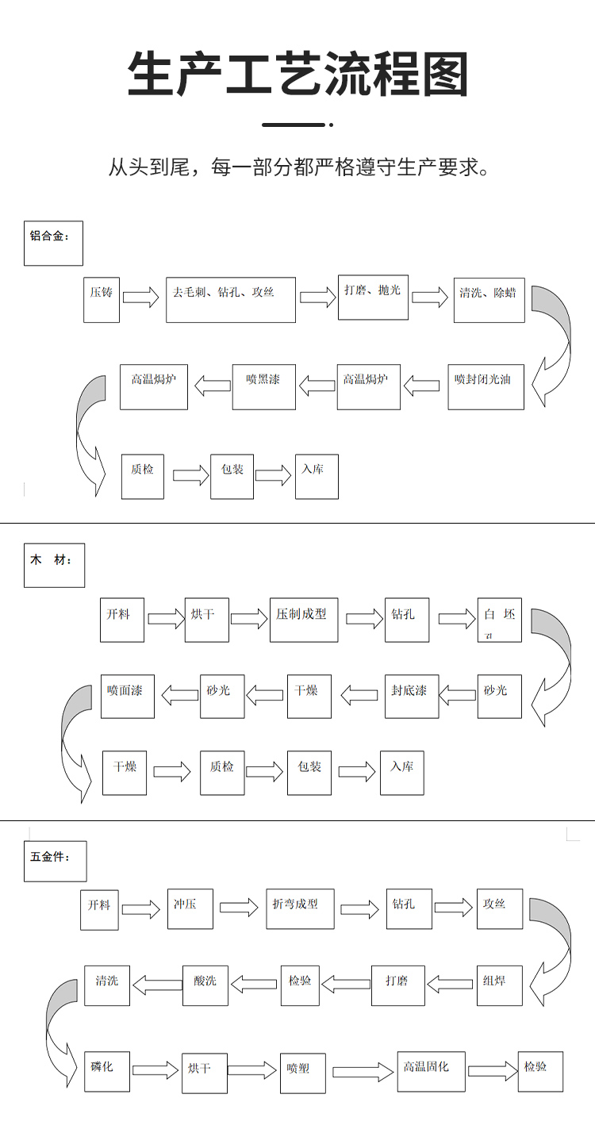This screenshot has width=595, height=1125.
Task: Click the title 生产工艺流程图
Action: click(297, 76)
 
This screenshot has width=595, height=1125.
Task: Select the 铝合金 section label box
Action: click(53, 243)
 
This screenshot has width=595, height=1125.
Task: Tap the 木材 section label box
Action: click(54, 565)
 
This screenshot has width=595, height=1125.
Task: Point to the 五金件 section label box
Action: click(55, 861)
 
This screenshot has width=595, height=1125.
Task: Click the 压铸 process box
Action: click(102, 299)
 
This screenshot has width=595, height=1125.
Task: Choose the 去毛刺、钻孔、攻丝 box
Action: click(230, 299)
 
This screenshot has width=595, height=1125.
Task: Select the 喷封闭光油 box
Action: click(486, 386)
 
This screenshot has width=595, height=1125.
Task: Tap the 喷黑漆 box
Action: click(263, 386)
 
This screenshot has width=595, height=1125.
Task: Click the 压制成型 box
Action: click(303, 620)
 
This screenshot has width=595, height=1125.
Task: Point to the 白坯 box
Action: click(499, 620)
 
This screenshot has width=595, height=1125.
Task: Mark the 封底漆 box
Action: click(411, 696)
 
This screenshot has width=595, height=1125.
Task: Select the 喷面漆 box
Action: click(127, 696)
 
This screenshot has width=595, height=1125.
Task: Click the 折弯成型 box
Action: click(300, 908)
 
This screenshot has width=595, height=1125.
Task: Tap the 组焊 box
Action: click(499, 985)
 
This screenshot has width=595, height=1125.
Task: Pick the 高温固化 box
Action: click(431, 1071)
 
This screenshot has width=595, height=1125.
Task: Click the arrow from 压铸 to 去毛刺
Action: click(141, 298)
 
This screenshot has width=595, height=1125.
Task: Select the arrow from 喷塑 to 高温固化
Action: click(363, 1072)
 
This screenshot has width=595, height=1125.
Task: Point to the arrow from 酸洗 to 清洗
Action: click(157, 985)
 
